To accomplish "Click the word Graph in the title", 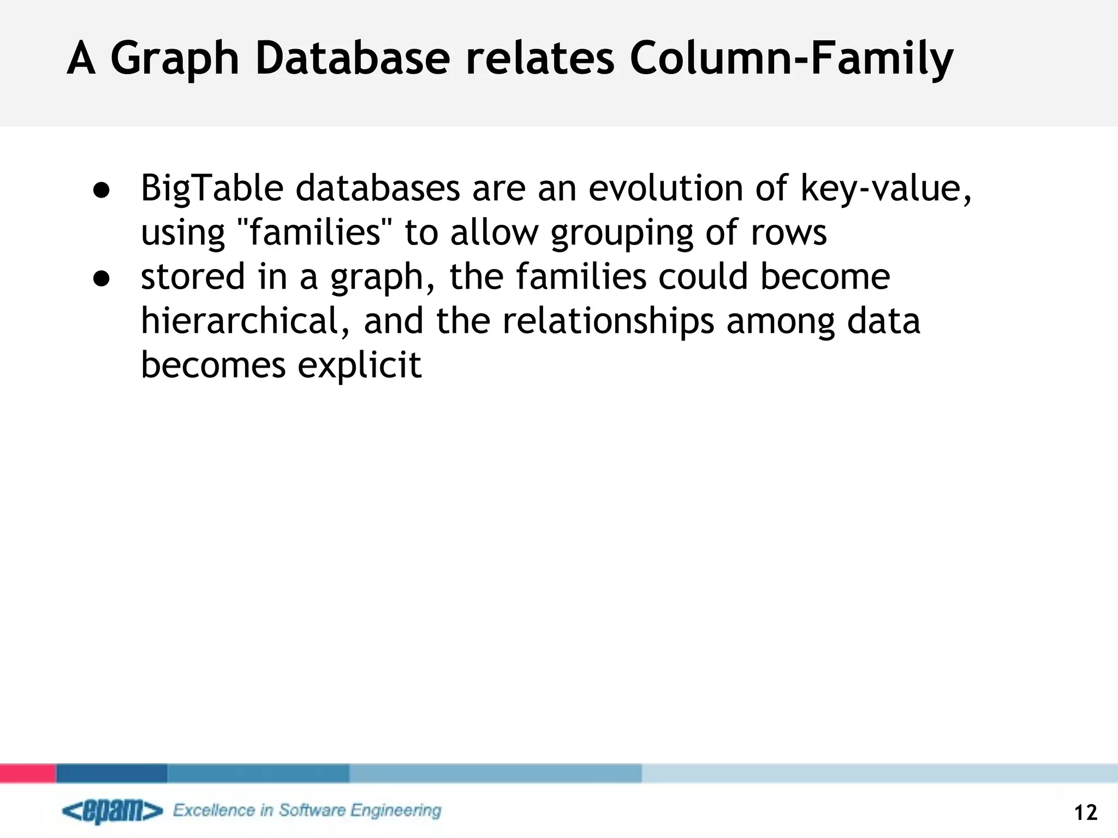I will [x=175, y=59].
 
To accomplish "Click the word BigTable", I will [x=212, y=189].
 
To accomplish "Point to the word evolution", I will [x=665, y=188].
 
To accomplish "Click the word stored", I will [x=193, y=276].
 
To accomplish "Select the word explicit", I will [x=359, y=365].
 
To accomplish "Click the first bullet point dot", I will [x=102, y=190].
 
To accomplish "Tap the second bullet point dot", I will [x=102, y=279].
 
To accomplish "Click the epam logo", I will [x=112, y=811].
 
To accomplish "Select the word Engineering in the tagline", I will [x=395, y=811].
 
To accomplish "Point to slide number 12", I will [x=1085, y=813].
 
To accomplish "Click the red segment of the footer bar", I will [x=28, y=773].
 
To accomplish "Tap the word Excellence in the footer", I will [x=214, y=810].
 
